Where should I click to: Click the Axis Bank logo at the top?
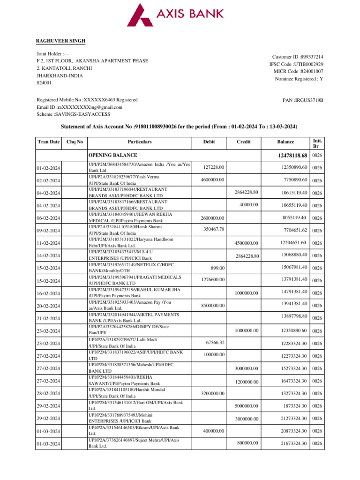(180, 15)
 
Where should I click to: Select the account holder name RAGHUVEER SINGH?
(61, 41)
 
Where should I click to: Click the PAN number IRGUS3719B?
(303, 100)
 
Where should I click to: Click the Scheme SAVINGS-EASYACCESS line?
(73, 114)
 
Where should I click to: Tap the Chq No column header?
(75, 141)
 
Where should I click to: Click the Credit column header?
(244, 141)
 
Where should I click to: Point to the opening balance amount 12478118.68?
(292, 155)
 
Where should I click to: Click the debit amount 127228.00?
(214, 167)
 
